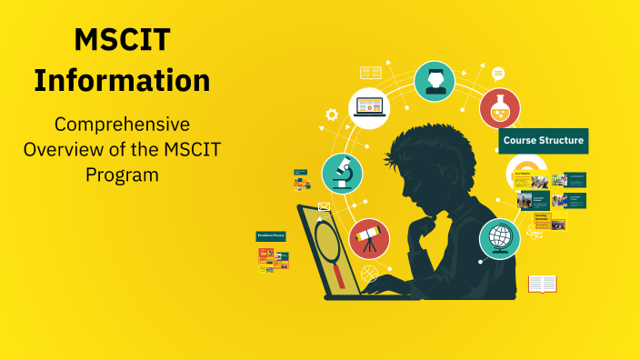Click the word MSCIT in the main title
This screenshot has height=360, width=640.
click(x=122, y=41)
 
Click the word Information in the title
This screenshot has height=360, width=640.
click(x=122, y=80)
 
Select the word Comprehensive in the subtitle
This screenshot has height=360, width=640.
click(x=122, y=124)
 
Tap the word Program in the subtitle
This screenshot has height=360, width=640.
click(x=122, y=173)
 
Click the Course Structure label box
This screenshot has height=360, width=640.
click(x=543, y=141)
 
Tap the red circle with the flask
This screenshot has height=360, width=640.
click(x=499, y=108)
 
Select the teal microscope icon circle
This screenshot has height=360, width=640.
click(x=343, y=174)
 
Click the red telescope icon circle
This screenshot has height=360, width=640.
click(x=369, y=238)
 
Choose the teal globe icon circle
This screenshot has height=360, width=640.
click(x=499, y=238)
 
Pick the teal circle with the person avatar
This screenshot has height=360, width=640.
click(x=435, y=81)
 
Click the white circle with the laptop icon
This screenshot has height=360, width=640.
click(x=369, y=107)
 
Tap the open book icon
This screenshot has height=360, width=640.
click(x=542, y=284)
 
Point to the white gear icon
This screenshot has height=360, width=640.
click(x=332, y=115)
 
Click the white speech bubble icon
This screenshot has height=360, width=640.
click(x=498, y=74)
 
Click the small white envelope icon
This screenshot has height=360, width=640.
click(x=325, y=206)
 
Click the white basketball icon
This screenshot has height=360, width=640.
click(x=369, y=272)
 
